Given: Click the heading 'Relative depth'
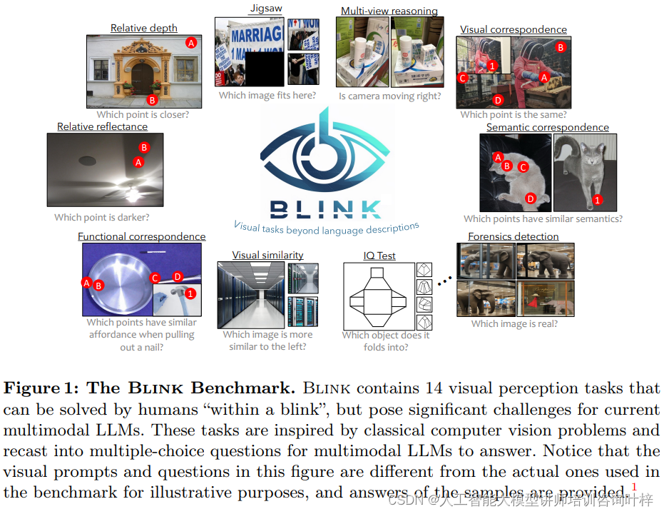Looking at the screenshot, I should (x=143, y=28).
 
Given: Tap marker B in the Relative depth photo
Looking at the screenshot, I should (x=151, y=100).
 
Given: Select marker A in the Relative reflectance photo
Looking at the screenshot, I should (x=139, y=162).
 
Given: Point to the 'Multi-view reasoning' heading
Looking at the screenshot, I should (x=389, y=11).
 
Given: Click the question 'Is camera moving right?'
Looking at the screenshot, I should (x=389, y=96).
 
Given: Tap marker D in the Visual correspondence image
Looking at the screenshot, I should (x=498, y=100).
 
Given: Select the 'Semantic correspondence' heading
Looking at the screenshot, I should (x=547, y=127).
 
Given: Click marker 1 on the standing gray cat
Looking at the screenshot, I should (x=598, y=199).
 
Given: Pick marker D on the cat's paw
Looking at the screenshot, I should (x=530, y=198).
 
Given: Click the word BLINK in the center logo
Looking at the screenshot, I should (x=325, y=208).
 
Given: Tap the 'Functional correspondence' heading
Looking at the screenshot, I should (x=141, y=236).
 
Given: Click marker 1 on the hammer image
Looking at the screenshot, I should (x=190, y=293).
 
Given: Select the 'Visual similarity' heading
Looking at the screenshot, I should (x=267, y=255).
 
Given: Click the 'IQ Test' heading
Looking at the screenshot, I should (x=379, y=255).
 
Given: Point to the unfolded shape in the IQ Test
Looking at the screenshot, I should (x=378, y=296).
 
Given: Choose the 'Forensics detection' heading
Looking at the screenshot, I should (x=513, y=236).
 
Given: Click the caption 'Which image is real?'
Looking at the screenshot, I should (x=514, y=323).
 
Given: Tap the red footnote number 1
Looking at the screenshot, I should (x=634, y=487).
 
